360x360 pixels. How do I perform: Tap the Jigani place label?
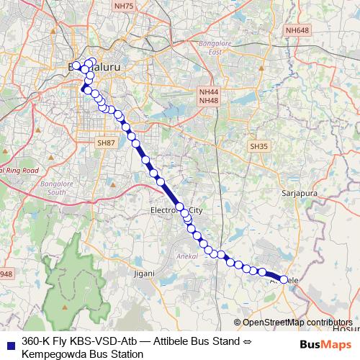(144, 274)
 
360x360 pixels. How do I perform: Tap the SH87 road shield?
(106, 143)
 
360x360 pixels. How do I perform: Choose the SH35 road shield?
(258, 146)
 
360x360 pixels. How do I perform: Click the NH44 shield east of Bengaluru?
(209, 91)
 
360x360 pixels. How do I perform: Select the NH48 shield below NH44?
(209, 100)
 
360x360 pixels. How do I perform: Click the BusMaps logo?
(321, 344)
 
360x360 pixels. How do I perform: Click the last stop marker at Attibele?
(284, 279)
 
